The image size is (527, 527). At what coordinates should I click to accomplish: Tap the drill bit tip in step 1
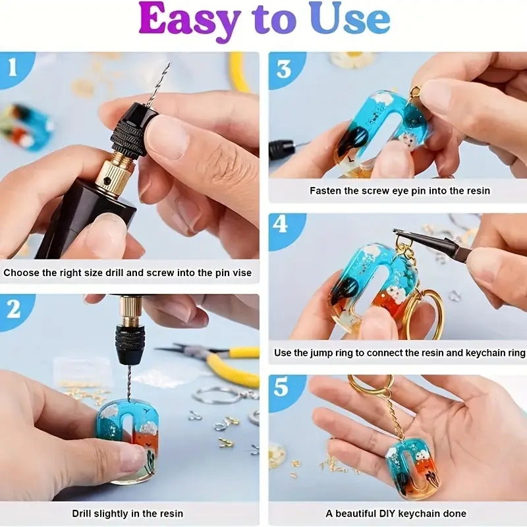tap(168, 65)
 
